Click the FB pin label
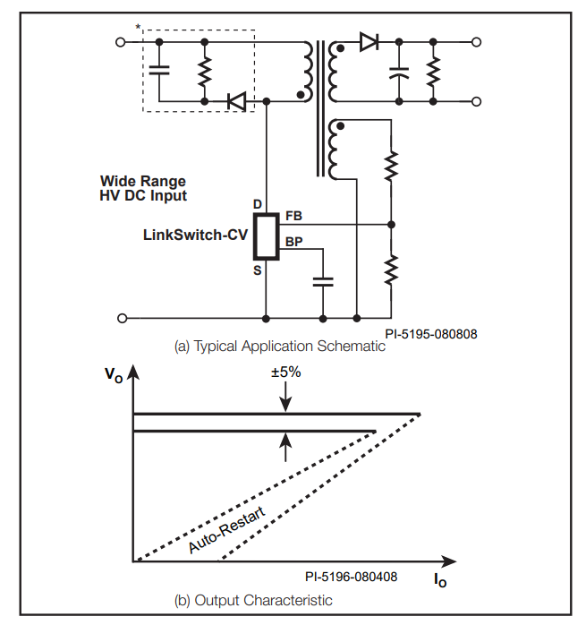pyautogui.click(x=294, y=216)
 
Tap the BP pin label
pyautogui.click(x=294, y=242)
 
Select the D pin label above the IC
pyautogui.click(x=258, y=204)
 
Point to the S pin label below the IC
pyautogui.click(x=258, y=270)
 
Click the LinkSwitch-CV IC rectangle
pyautogui.click(x=266, y=236)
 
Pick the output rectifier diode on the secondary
pyautogui.click(x=369, y=42)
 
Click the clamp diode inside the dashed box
pyautogui.click(x=236, y=101)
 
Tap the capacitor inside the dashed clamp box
pyautogui.click(x=159, y=71)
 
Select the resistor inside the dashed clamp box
pyautogui.click(x=204, y=72)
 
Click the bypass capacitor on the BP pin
pyautogui.click(x=323, y=282)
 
